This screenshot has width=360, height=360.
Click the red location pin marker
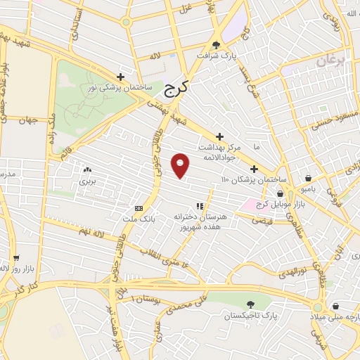coord(181,165)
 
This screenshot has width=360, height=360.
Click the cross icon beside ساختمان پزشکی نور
coord(121,77)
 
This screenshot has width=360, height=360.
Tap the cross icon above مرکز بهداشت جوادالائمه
coord(219,136)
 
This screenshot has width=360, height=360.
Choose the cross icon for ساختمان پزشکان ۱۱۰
coord(254,168)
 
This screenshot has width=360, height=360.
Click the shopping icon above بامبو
coord(309,178)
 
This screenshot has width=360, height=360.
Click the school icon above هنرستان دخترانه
coord(200,206)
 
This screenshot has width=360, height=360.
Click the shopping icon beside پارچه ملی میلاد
coord(337,307)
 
